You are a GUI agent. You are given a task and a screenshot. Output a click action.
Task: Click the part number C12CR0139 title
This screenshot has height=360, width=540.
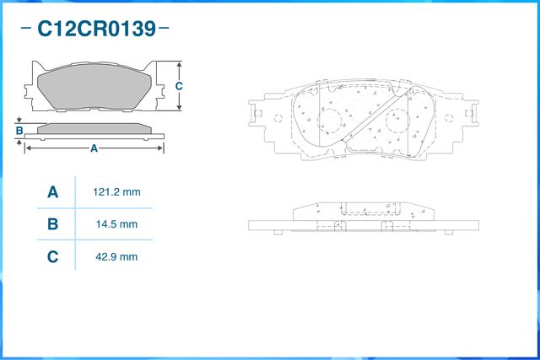97,29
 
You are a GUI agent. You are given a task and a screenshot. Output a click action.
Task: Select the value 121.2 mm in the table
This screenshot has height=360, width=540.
116,192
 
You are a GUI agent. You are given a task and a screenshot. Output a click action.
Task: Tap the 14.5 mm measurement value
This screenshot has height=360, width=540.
116,224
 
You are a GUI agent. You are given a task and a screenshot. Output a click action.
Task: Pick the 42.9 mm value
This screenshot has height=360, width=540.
116,257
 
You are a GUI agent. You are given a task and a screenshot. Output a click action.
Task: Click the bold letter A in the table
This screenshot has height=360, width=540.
52,192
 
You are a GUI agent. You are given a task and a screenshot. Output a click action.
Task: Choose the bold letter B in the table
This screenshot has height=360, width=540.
52,224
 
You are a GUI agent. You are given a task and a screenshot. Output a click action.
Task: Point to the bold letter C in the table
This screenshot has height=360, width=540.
52,257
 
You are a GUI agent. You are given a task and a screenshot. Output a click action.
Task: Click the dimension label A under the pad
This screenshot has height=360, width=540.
94,148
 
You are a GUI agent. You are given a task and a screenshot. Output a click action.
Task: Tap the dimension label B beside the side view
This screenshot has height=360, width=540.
19,131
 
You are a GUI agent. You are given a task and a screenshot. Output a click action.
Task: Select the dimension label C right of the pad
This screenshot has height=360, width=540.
179,86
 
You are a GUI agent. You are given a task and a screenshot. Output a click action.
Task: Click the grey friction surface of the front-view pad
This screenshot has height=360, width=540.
94,86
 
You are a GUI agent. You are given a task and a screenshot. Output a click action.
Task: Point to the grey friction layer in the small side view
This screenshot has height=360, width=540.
94,129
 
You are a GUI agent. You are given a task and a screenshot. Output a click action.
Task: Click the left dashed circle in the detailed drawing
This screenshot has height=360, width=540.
330,121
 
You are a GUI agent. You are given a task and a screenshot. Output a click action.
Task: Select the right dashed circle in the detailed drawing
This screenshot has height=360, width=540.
397,121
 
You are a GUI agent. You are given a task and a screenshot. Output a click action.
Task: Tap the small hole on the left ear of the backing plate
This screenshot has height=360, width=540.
278,118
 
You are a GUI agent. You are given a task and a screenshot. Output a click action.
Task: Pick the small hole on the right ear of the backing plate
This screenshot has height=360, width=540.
449,118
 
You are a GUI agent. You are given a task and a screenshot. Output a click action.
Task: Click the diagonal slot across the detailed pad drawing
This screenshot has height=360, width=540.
375,116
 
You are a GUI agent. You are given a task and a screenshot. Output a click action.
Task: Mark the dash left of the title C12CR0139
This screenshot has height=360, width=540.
26,28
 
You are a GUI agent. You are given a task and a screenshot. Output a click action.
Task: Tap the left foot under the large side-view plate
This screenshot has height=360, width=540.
278,233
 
